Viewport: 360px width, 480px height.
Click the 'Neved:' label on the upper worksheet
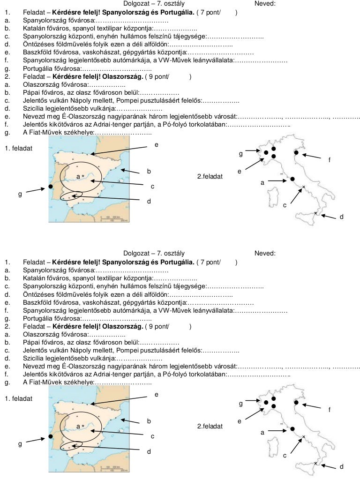tap(265, 4)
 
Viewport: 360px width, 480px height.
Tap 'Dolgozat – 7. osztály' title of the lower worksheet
tap(154, 254)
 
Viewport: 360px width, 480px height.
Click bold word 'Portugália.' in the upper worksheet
tap(178, 13)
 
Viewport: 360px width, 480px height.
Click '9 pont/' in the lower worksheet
tap(158, 326)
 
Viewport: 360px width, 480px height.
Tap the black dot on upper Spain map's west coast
tap(51, 187)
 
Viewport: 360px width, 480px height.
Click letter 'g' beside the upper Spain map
tap(20, 195)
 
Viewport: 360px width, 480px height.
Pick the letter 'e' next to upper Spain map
tap(157, 145)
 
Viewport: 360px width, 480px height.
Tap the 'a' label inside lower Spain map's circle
tap(78, 426)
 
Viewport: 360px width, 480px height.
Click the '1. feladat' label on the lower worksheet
tap(18, 398)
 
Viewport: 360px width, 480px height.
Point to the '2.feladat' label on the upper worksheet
tap(210, 177)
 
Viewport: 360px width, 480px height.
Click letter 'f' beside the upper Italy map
tap(330, 160)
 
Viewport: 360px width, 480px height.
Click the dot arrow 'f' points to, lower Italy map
tap(296, 402)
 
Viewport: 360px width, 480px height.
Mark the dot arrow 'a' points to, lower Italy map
tap(292, 429)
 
